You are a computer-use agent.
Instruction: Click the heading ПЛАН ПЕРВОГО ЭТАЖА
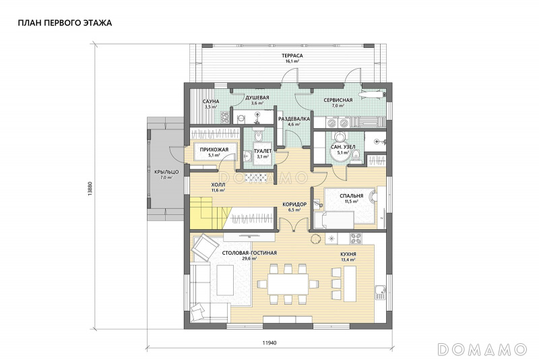click(65, 23)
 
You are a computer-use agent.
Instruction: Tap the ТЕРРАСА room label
click(292, 56)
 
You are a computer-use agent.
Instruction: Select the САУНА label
click(211, 101)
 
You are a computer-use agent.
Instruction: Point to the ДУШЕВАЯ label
click(257, 98)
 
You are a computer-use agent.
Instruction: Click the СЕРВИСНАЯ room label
click(338, 100)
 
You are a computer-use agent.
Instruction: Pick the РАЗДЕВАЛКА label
click(294, 119)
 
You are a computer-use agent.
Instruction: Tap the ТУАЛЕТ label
click(263, 151)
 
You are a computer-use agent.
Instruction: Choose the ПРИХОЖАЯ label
click(214, 150)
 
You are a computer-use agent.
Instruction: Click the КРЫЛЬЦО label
click(166, 172)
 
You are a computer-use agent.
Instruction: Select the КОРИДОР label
click(294, 204)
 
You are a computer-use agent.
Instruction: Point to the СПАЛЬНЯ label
click(351, 196)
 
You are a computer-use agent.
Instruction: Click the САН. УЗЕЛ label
click(343, 147)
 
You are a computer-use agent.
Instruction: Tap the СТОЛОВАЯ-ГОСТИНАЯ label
click(249, 253)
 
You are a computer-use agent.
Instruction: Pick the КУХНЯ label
click(348, 254)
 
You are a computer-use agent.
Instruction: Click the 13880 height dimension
click(90, 188)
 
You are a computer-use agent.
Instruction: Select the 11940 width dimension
click(269, 342)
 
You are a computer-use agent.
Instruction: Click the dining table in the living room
click(288, 284)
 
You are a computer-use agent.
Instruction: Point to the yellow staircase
click(208, 213)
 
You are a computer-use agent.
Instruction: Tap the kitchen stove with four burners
click(356, 238)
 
